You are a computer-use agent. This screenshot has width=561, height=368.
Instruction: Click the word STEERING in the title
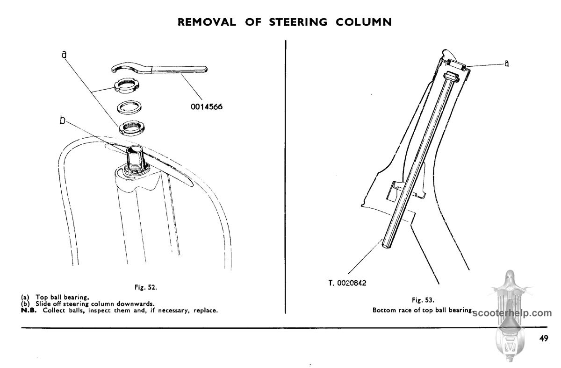pyautogui.click(x=298, y=22)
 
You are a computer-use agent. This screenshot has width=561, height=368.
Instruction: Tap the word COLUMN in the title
pyautogui.click(x=364, y=22)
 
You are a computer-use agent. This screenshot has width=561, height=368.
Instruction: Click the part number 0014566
pyautogui.click(x=207, y=107)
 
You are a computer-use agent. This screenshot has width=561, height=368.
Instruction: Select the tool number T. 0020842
pyautogui.click(x=347, y=283)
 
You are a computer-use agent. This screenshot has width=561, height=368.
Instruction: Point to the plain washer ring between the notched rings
pyautogui.click(x=129, y=107)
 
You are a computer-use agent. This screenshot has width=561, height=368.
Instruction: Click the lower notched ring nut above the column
pyautogui.click(x=132, y=127)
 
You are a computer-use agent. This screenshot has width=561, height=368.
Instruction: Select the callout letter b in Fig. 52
pyautogui.click(x=62, y=120)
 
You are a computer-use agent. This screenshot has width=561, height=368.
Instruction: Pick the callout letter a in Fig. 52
pyautogui.click(x=65, y=54)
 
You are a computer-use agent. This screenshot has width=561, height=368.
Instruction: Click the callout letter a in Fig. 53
pyautogui.click(x=507, y=64)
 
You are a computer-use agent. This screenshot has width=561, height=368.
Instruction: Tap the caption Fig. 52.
pyautogui.click(x=146, y=287)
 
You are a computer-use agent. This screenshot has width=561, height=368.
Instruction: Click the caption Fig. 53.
pyautogui.click(x=423, y=300)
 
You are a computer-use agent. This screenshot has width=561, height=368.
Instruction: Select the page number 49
pyautogui.click(x=544, y=339)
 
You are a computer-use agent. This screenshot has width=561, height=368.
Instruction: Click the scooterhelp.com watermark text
pyautogui.click(x=512, y=313)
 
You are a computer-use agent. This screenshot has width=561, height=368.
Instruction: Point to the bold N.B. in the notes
pyautogui.click(x=29, y=311)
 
